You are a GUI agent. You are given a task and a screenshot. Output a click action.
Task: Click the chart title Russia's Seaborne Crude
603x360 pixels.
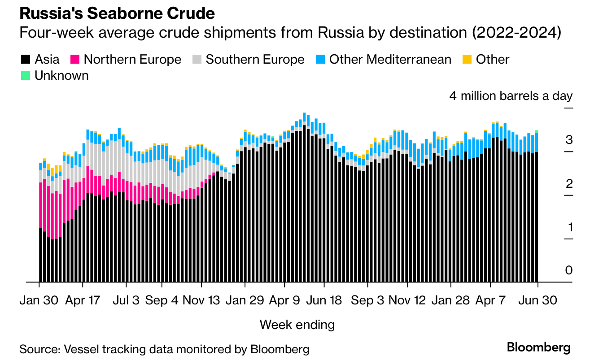tap(117, 13)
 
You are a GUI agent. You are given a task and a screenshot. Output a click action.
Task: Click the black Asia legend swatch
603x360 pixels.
tap(26, 60)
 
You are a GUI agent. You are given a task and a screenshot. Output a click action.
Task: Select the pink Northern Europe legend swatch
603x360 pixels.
tap(75, 60)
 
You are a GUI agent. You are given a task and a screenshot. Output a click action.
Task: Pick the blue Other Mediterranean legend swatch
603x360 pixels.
tap(320, 60)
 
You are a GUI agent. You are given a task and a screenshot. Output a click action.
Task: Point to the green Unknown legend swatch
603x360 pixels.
tap(26, 76)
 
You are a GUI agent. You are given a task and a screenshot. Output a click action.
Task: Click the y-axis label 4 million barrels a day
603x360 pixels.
tap(511, 96)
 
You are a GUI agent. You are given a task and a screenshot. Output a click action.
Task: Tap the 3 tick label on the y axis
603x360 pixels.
tap(569, 140)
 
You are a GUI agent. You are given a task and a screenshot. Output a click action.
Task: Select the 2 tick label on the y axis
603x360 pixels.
tap(569, 184)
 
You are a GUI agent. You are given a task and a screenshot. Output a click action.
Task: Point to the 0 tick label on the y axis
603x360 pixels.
tap(569, 270)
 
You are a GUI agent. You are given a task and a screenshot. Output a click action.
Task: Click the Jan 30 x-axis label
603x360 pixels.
tap(39, 300)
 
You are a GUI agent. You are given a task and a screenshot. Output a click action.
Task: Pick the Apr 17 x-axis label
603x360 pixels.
tap(83, 300)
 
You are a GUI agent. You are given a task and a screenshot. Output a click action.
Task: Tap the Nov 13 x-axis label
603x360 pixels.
tap(201, 300)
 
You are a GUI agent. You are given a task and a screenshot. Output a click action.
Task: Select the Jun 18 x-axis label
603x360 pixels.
tap(324, 300)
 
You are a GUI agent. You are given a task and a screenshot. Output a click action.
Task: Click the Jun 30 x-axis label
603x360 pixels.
tap(537, 300)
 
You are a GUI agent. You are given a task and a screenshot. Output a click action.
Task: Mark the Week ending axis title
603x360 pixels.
tap(297, 325)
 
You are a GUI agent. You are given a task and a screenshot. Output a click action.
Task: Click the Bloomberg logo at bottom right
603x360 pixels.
tap(539, 347)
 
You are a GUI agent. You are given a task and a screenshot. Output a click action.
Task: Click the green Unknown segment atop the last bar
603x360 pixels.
tap(537, 131)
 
